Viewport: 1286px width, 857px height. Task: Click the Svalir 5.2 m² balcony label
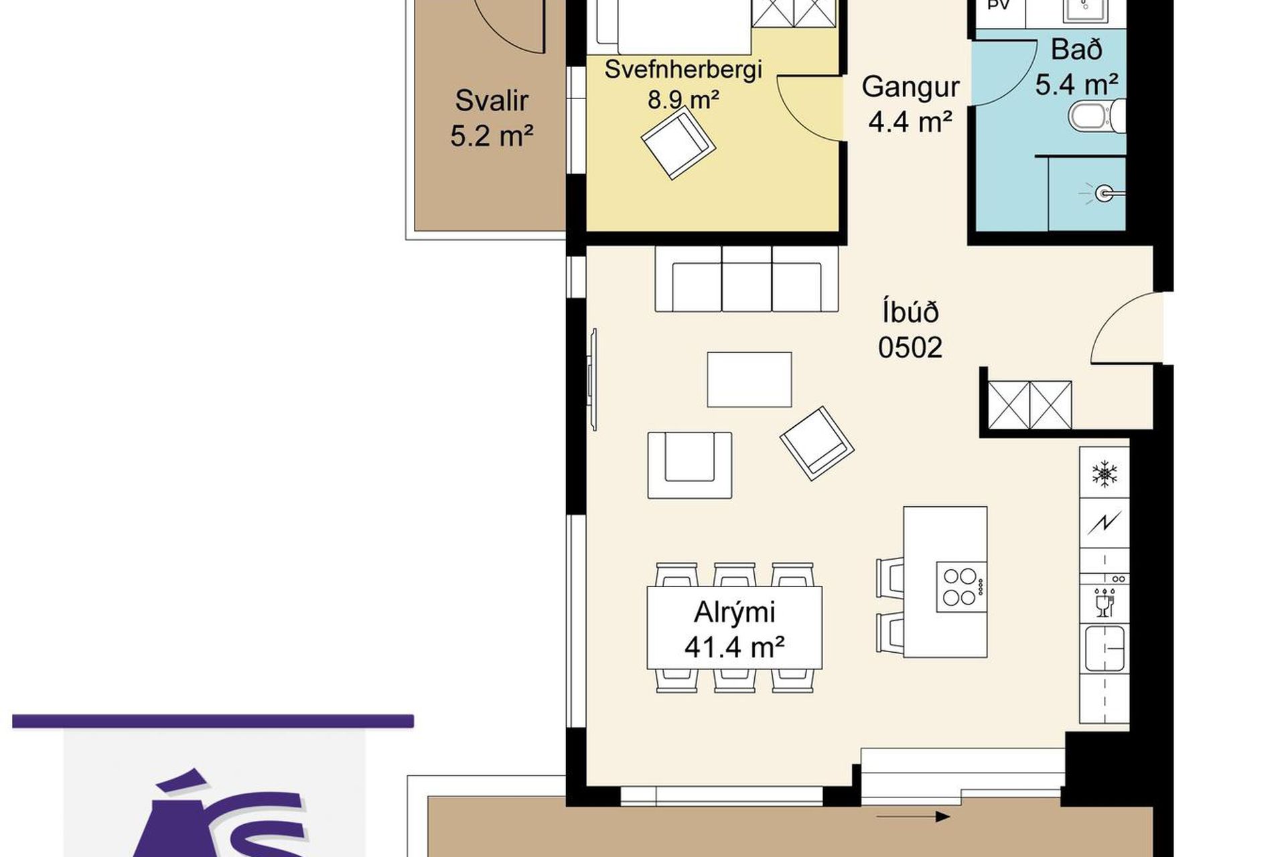492,119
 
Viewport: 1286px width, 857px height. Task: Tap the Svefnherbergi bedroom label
683,70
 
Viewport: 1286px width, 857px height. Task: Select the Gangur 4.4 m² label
910,104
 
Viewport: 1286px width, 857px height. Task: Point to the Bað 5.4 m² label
1076,67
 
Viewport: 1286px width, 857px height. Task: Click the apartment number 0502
910,347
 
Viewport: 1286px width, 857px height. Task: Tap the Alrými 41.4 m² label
735,629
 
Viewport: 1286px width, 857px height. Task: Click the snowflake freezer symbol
1104,473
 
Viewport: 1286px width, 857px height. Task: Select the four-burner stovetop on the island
961,586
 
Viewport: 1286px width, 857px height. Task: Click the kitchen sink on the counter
1104,647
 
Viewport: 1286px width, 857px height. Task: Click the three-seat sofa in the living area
747,279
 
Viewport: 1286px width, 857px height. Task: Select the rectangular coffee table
749,380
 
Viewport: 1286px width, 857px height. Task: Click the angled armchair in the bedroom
678,143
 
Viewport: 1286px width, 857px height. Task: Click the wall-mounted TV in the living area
592,380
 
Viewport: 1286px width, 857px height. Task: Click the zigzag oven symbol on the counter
1104,522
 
